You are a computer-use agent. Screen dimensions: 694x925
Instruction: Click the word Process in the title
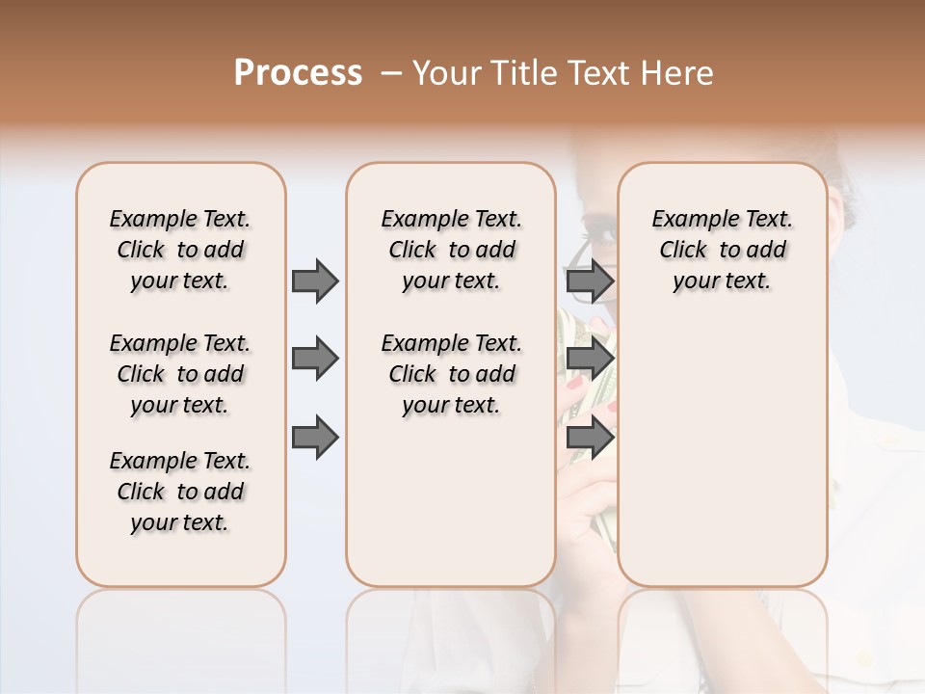click(298, 73)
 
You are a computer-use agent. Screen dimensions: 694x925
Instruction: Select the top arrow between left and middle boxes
click(315, 280)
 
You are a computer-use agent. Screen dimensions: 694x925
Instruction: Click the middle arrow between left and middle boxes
click(315, 359)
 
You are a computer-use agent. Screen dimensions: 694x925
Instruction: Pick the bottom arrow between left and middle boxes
click(315, 437)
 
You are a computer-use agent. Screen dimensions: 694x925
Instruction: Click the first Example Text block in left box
click(180, 250)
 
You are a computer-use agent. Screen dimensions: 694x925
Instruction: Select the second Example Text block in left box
click(180, 374)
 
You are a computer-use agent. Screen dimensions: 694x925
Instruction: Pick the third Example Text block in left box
click(180, 492)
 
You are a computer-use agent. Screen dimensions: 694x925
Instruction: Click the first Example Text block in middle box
click(451, 250)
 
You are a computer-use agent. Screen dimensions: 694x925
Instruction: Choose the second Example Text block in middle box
click(451, 374)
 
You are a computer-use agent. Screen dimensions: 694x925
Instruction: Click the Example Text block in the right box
click(722, 250)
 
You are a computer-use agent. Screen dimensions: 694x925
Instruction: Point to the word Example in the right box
click(690, 220)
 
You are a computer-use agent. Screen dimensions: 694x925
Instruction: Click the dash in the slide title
click(390, 73)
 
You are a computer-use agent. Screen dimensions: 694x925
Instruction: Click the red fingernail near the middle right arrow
click(576, 384)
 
